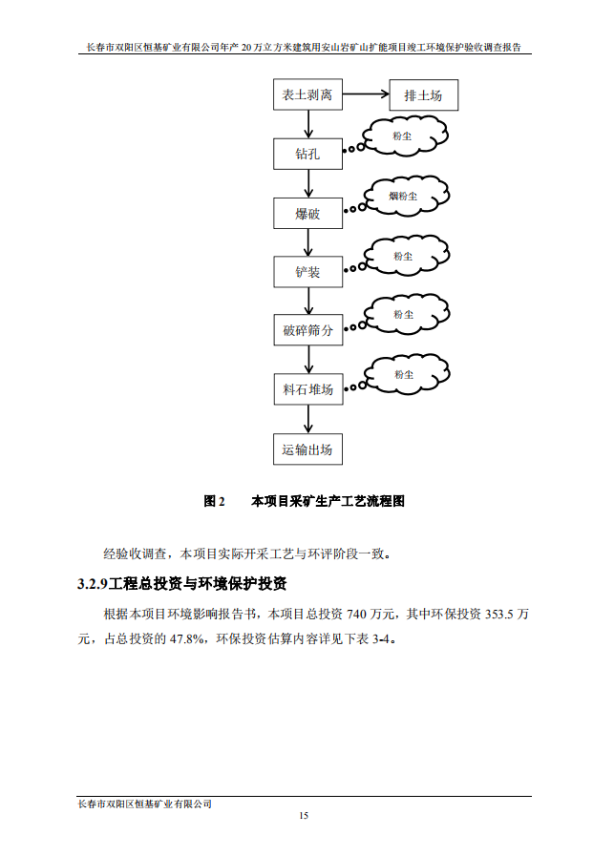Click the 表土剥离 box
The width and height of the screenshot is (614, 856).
click(x=307, y=96)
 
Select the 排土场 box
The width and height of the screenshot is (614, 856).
click(x=423, y=96)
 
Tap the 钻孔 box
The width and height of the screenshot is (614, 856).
click(x=307, y=155)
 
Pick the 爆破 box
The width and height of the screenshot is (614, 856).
click(x=307, y=214)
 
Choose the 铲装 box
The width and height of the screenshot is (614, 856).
click(x=307, y=272)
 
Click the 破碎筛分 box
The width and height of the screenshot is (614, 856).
click(x=307, y=331)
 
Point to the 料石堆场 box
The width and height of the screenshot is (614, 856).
click(x=307, y=389)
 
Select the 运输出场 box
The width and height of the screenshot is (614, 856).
click(x=307, y=449)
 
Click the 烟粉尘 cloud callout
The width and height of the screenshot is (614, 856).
click(x=405, y=197)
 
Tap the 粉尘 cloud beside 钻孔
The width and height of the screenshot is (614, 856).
click(x=404, y=137)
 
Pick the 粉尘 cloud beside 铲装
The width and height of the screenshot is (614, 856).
click(x=404, y=256)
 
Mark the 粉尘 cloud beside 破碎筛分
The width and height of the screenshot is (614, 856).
click(x=404, y=314)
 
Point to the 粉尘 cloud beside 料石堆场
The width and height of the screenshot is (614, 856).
click(x=404, y=373)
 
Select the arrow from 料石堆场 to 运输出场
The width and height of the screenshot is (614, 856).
click(x=307, y=419)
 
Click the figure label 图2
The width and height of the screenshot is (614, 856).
click(x=214, y=501)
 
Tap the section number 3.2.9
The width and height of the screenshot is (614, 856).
click(x=93, y=583)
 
